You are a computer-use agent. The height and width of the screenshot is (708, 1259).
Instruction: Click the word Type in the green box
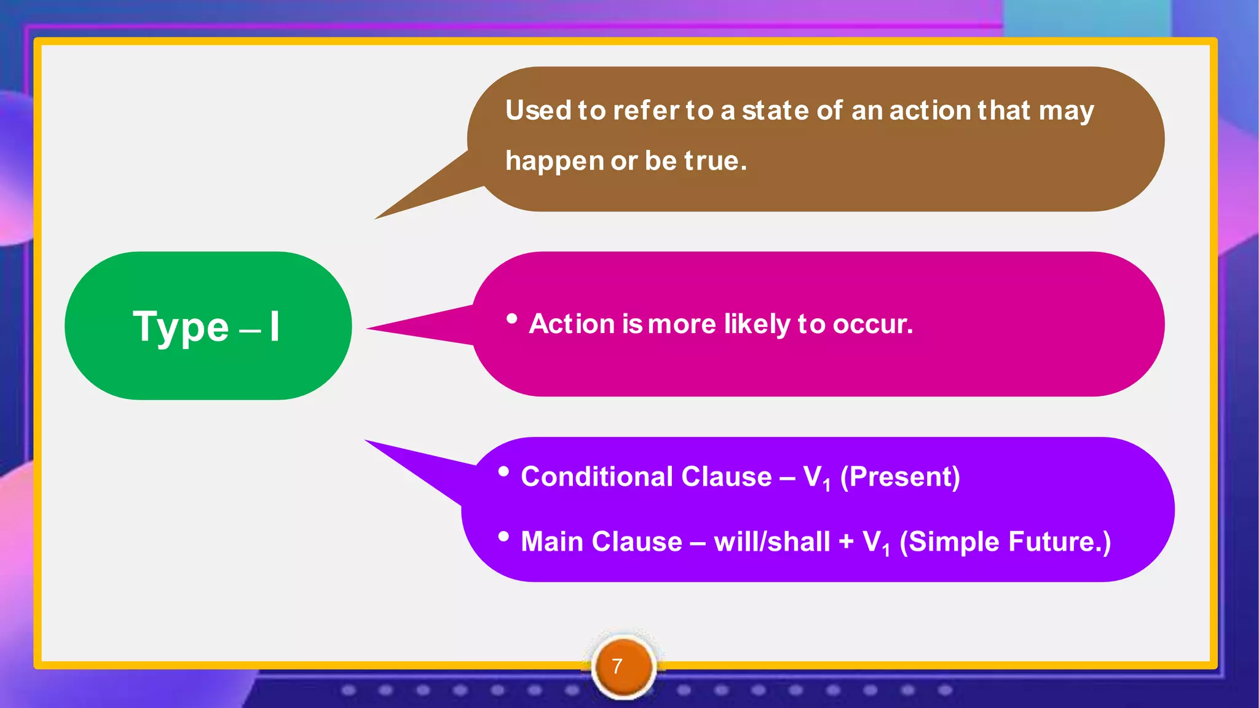(181, 327)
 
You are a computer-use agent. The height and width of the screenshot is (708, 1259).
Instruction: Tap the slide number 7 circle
(623, 666)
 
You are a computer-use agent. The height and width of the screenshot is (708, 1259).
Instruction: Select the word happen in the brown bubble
(555, 162)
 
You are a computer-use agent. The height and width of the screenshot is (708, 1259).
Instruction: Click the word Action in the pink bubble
(572, 324)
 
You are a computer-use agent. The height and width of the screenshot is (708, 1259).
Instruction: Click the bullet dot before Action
(511, 318)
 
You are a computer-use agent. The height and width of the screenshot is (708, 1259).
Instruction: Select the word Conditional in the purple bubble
(596, 477)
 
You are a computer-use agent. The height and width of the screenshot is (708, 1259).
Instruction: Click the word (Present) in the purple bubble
(899, 477)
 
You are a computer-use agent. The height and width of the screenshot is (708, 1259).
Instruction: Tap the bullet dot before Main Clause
(503, 537)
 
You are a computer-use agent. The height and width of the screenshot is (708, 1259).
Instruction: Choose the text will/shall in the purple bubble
(772, 542)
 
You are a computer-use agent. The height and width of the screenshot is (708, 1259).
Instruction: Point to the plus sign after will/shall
(847, 542)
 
